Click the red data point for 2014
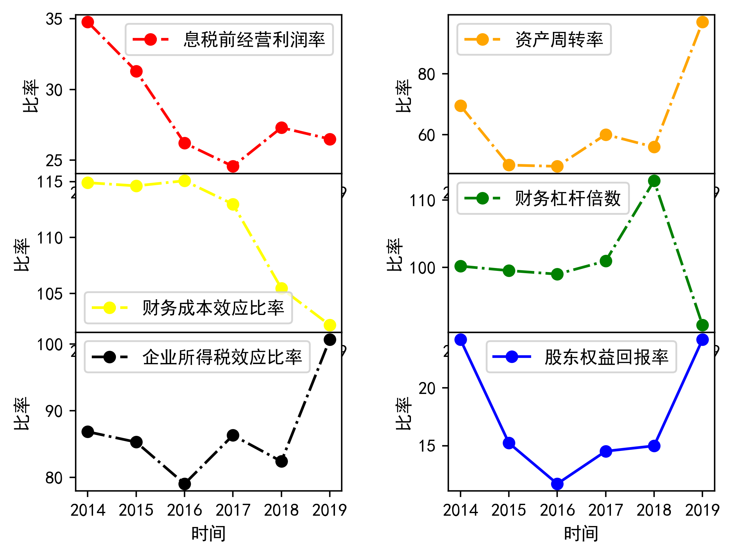pos(88,22)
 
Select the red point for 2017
pos(233,166)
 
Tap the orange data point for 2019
pos(702,22)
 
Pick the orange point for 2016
pos(557,166)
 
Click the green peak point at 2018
pos(654,181)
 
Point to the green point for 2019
pos(702,325)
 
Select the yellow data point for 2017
pos(233,205)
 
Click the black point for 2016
pos(185,484)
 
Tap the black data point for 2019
pos(330,340)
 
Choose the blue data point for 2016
pos(557,484)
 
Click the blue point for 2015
pos(509,443)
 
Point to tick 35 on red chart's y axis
pos(54,19)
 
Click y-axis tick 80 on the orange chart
pos(426,74)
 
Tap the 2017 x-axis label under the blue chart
pos(605,510)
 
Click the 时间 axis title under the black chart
pos(208,533)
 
